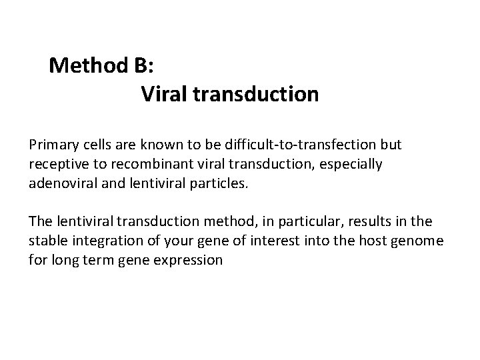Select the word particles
click(x=220, y=183)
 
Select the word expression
click(x=191, y=260)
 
